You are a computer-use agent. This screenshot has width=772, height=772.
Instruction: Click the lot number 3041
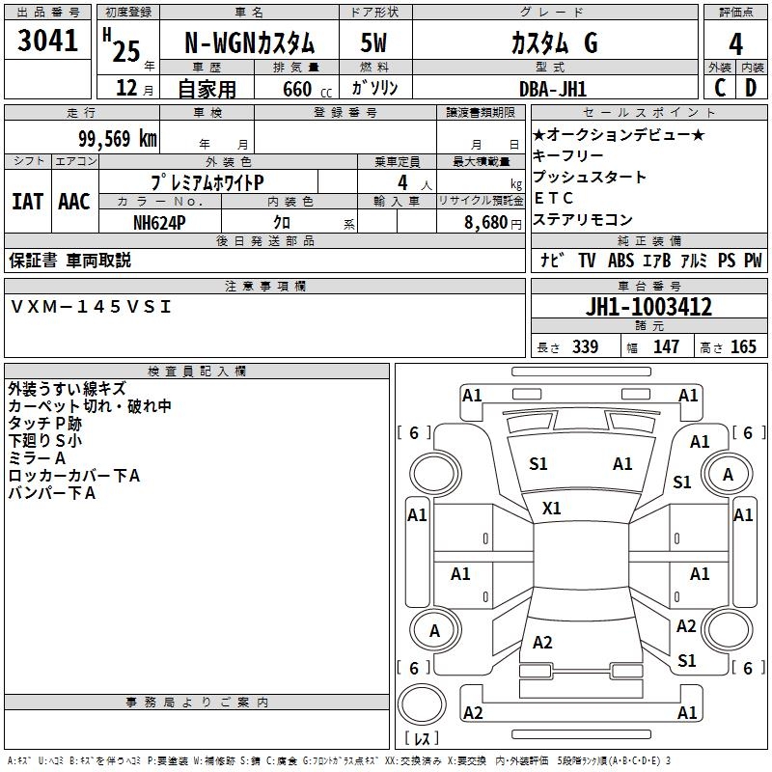[x=47, y=41]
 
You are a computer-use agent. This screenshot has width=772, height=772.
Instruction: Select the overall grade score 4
[x=735, y=44]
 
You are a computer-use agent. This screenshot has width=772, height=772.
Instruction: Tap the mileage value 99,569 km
[x=118, y=139]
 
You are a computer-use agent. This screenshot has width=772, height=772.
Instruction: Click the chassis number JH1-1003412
[x=648, y=307]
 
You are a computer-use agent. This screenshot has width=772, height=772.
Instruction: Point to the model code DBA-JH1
[x=553, y=89]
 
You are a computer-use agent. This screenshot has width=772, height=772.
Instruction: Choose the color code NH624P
[x=159, y=223]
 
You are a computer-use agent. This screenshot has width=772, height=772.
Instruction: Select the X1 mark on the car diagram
[x=551, y=509]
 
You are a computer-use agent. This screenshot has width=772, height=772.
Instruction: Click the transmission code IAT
[x=28, y=202]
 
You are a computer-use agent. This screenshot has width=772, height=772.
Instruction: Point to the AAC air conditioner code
[x=74, y=202]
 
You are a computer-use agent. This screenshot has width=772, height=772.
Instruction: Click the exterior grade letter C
[x=720, y=88]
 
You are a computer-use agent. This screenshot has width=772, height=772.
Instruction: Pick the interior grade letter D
[x=751, y=88]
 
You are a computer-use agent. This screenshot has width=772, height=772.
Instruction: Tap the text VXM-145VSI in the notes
[x=91, y=307]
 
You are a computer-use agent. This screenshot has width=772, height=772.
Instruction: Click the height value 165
[x=743, y=346]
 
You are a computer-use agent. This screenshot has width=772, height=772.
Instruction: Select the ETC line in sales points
[x=553, y=198]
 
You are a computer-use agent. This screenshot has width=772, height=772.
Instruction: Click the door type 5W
[x=373, y=42]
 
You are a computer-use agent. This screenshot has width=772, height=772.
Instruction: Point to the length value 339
[x=586, y=346]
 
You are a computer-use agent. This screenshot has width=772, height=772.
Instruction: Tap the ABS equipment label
[x=620, y=261]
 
